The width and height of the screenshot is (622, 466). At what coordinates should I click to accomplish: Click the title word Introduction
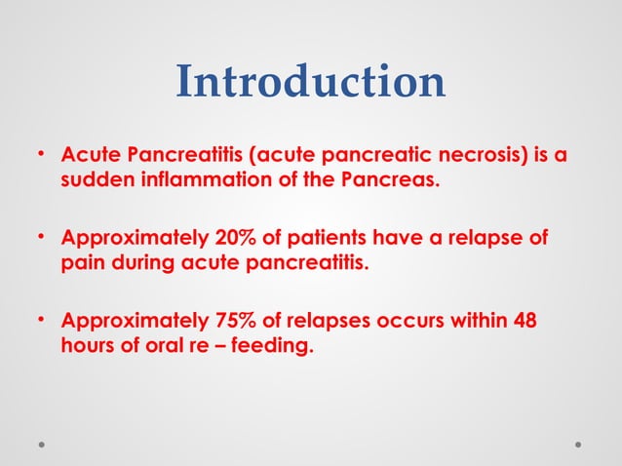(310, 83)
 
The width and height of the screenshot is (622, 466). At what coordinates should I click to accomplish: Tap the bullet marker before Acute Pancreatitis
(42, 155)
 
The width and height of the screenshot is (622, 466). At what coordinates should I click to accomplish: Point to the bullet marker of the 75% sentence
(42, 322)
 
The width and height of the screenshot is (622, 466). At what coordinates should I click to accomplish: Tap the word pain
(82, 263)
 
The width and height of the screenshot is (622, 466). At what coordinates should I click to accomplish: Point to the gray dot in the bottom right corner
(578, 444)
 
